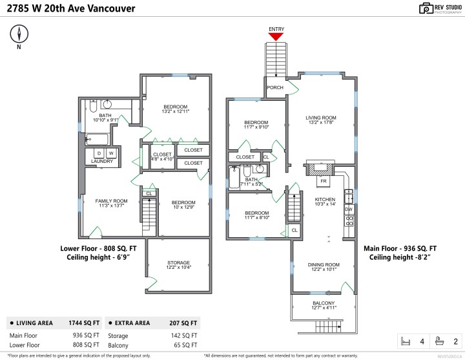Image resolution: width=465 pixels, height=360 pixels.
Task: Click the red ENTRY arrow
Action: point(276,37)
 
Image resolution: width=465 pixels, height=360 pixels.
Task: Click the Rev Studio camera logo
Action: point(427,8)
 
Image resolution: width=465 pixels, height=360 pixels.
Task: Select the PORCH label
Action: point(275,87)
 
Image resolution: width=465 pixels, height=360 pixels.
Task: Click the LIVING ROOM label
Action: point(322,118)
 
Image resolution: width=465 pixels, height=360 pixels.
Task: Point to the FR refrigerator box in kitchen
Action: point(323,182)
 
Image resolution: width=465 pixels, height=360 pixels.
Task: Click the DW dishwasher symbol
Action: point(349,209)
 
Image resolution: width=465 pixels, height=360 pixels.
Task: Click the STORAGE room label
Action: point(178,263)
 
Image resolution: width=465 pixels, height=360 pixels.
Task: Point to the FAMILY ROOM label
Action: point(112,201)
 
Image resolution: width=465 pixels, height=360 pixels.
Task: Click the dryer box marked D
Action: point(99,153)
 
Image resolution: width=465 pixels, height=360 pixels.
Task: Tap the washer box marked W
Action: point(111,153)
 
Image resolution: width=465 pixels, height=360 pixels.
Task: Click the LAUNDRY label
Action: point(102,161)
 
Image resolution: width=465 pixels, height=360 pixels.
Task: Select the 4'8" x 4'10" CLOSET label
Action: point(162,155)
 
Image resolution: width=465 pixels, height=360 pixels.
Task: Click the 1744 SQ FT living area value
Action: point(84,323)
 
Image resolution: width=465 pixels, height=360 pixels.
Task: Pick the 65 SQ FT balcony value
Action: point(185,346)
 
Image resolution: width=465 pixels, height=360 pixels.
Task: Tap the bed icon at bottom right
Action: point(406,341)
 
